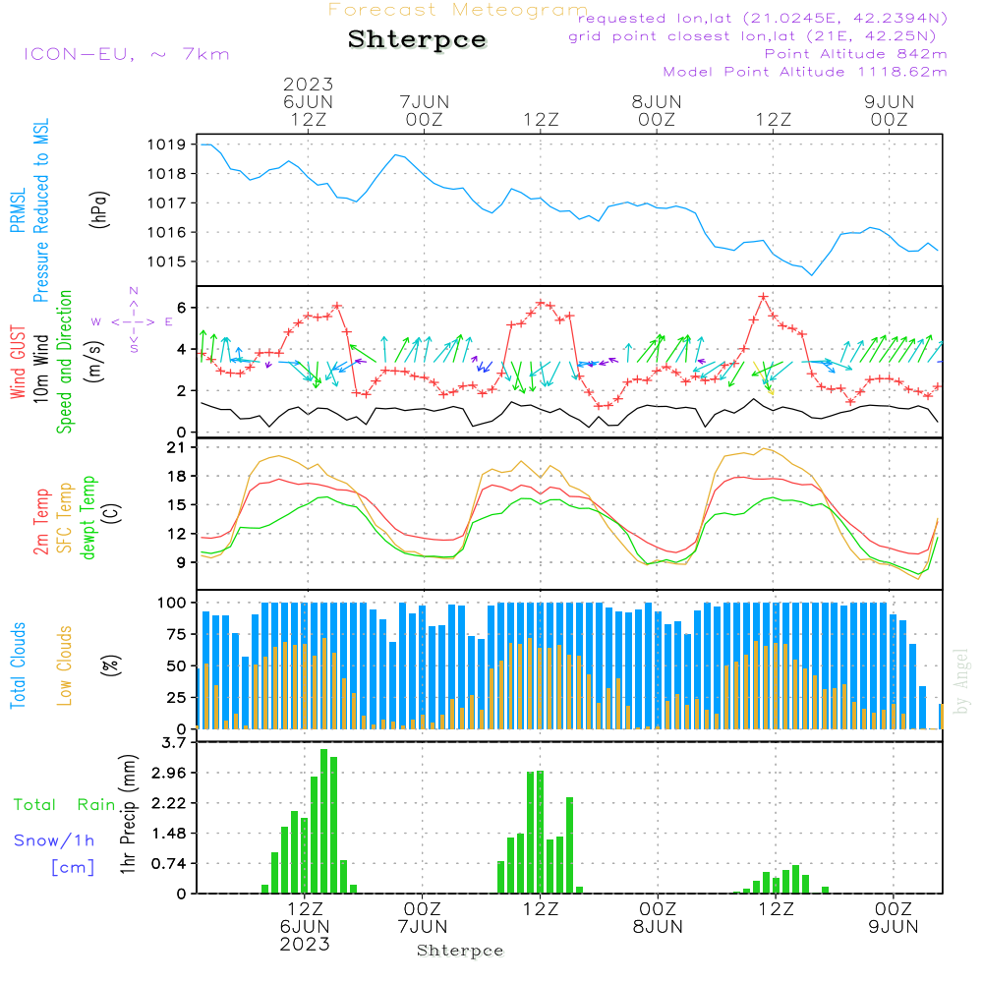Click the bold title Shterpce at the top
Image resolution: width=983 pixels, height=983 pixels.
coord(417,39)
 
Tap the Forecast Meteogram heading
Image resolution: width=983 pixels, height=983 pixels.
coord(458,10)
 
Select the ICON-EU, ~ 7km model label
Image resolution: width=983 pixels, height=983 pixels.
coord(126,54)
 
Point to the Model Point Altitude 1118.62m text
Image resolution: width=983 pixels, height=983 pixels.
coord(805,72)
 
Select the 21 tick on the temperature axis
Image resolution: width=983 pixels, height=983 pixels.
coord(178,447)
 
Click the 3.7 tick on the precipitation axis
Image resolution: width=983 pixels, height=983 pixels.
coord(174,742)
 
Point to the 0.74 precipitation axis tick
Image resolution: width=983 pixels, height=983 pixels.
coord(169,863)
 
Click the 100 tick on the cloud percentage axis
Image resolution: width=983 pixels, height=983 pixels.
coord(173,602)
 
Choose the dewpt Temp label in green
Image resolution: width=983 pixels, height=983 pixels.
coord(88,518)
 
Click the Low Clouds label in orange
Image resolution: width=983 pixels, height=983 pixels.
coord(65,665)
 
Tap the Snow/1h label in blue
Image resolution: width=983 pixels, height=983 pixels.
coord(54,840)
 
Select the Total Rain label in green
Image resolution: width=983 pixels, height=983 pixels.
coord(64,804)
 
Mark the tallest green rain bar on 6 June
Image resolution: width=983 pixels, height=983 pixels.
coord(323,821)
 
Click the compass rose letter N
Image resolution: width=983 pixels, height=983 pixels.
coord(134,291)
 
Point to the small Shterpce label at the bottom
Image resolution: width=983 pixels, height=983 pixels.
coord(460,951)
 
